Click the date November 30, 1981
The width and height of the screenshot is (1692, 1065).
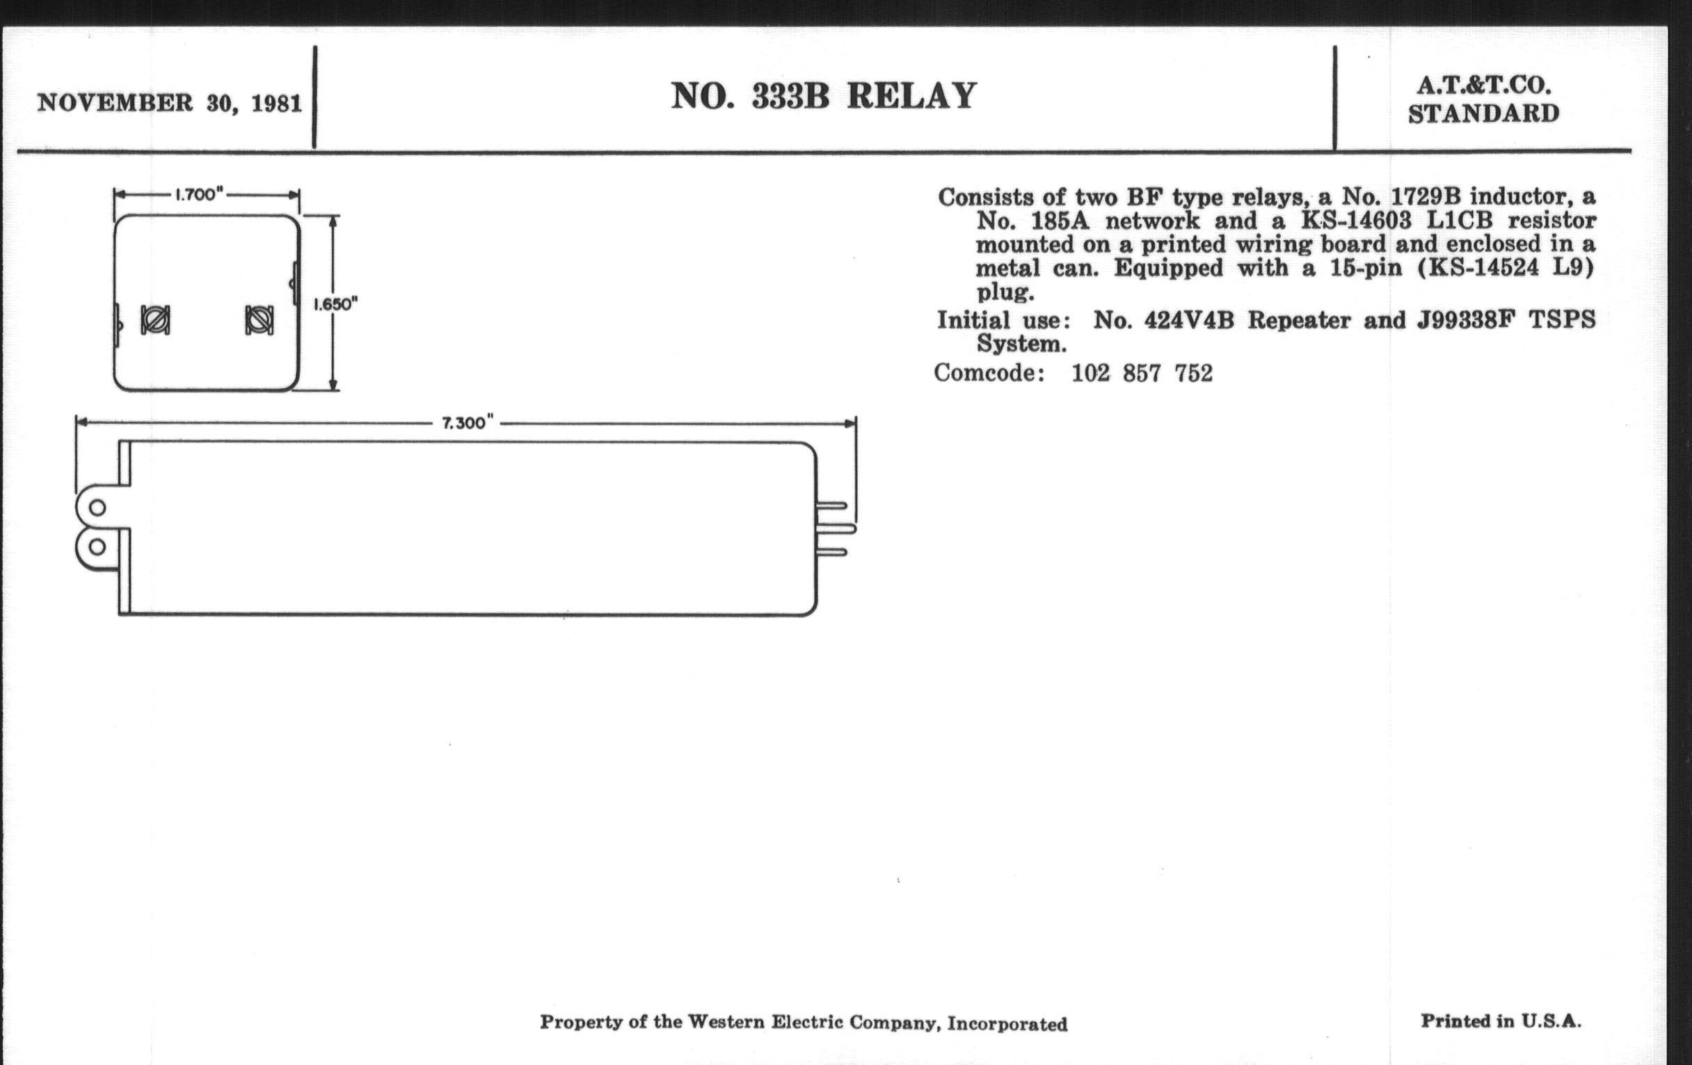[x=169, y=103]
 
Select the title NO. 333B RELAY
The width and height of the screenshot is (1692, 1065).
[x=824, y=96]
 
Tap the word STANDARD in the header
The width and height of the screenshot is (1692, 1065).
[x=1483, y=114]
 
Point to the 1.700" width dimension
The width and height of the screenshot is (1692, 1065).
[x=199, y=195]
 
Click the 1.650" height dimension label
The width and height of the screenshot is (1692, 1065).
[x=336, y=304]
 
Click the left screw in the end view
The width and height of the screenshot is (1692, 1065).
[x=154, y=321]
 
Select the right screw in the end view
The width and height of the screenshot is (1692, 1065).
[x=259, y=321]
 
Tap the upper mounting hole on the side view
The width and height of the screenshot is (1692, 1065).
[x=97, y=507]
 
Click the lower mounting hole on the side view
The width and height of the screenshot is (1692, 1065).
[x=97, y=547]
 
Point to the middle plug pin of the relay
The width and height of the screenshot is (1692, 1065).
[x=836, y=528]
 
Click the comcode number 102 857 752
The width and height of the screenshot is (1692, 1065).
[x=1142, y=373]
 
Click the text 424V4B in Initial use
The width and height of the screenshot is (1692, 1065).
[x=1189, y=321]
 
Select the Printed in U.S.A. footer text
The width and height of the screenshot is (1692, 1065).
[x=1501, y=1020]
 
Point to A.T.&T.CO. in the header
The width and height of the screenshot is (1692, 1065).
[x=1483, y=86]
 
